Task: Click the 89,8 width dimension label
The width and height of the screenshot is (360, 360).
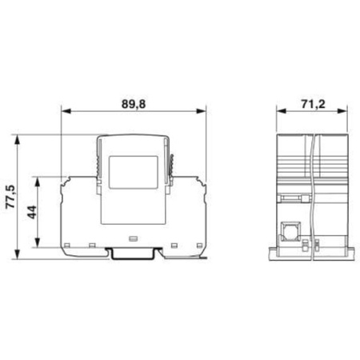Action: pyautogui.click(x=134, y=104)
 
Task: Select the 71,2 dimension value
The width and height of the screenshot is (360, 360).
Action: pyautogui.click(x=314, y=104)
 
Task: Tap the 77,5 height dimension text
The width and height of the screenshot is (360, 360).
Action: pyautogui.click(x=11, y=197)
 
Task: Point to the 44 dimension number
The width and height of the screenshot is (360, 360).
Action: pyautogui.click(x=33, y=212)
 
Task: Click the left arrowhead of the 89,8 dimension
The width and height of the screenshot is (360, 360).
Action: pyautogui.click(x=66, y=111)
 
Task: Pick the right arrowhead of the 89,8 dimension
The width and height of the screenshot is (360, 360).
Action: pyautogui.click(x=202, y=111)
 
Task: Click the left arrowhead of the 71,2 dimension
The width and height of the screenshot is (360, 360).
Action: pyautogui.click(x=282, y=111)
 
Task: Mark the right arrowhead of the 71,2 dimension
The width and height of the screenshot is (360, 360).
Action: pyautogui.click(x=342, y=111)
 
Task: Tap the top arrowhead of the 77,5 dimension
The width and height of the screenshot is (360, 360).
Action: pyautogui.click(x=18, y=139)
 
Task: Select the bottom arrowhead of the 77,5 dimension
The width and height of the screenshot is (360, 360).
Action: pyautogui.click(x=18, y=254)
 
